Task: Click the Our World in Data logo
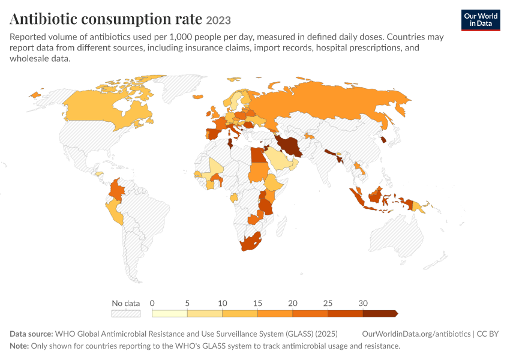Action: click(481, 20)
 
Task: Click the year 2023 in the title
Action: click(218, 20)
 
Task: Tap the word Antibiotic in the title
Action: click(43, 19)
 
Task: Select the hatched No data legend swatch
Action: click(126, 313)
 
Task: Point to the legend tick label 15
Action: click(257, 304)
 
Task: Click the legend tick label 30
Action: click(363, 304)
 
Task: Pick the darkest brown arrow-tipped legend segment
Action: click(380, 313)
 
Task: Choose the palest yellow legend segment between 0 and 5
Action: click(169, 313)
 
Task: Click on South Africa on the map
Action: click(251, 242)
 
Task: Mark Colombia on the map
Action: click(117, 190)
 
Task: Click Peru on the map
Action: click(115, 211)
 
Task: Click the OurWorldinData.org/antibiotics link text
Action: click(416, 334)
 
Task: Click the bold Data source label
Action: click(31, 334)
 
